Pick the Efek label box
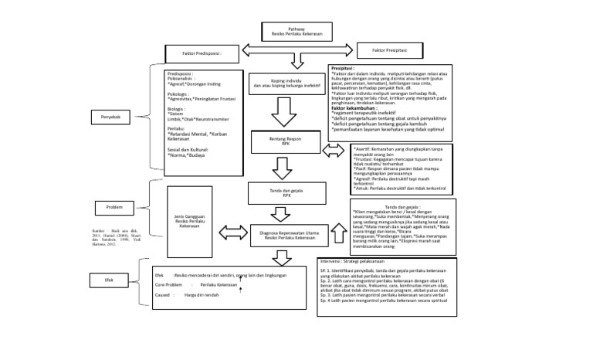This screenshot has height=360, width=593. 109,279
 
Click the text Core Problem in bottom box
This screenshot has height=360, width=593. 171,284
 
